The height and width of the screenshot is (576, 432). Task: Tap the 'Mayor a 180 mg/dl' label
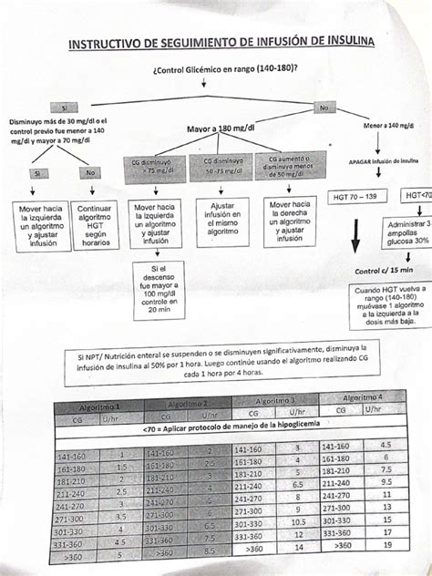(x=220, y=129)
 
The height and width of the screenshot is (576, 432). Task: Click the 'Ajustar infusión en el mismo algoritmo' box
(x=221, y=221)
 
